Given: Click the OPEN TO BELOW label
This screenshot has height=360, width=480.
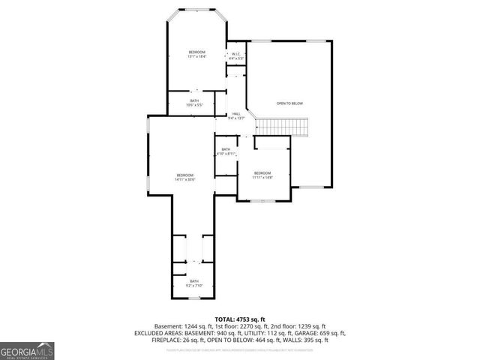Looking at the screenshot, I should (289, 103).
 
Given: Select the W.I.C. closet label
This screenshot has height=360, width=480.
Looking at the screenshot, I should (235, 55).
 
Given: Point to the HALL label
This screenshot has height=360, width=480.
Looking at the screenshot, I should (236, 114).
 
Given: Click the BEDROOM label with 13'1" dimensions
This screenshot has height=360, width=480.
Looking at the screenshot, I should (196, 52).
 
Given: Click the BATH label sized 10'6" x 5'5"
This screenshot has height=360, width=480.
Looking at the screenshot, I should (194, 101).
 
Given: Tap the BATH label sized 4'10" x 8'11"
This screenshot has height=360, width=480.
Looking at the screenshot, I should (226, 149).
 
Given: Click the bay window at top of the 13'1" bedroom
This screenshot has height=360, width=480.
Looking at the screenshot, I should (196, 12).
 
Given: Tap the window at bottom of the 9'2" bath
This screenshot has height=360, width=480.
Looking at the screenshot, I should (194, 298).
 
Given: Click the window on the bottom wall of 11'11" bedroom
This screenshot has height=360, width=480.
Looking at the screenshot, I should (262, 202).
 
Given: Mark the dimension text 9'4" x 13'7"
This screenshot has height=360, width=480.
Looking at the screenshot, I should (236, 118).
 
